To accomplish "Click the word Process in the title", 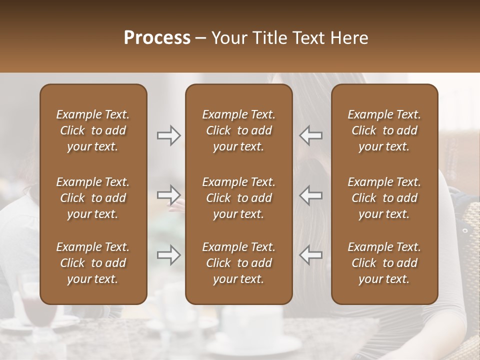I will pyautogui.click(x=157, y=38).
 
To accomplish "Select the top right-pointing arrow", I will pyautogui.click(x=169, y=135).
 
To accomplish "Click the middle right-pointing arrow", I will pyautogui.click(x=169, y=195).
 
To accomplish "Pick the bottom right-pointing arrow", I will pyautogui.click(x=169, y=255).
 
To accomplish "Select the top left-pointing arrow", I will pyautogui.click(x=311, y=135).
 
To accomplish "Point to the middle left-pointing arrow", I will pyautogui.click(x=311, y=195).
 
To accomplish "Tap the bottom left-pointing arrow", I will pyautogui.click(x=311, y=255).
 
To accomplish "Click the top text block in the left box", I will pyautogui.click(x=93, y=130).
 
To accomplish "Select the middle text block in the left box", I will pyautogui.click(x=93, y=198).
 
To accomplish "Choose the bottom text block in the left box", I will pyautogui.click(x=93, y=263).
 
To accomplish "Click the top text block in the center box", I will pyautogui.click(x=238, y=130).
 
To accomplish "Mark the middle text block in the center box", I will pyautogui.click(x=238, y=198).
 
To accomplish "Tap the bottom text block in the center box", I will pyautogui.click(x=238, y=263).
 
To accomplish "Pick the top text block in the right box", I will pyautogui.click(x=384, y=130).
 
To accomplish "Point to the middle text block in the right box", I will pyautogui.click(x=384, y=198).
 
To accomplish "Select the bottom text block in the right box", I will pyautogui.click(x=384, y=263).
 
